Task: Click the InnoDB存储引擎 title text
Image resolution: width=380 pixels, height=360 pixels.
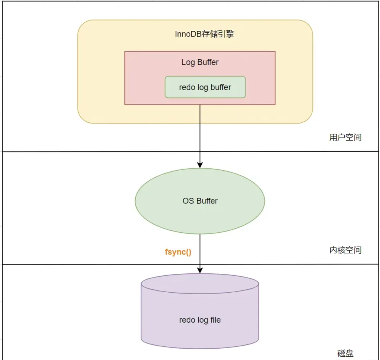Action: click(204, 34)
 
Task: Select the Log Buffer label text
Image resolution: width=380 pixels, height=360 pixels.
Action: click(200, 62)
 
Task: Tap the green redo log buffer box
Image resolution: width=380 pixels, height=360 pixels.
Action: click(205, 87)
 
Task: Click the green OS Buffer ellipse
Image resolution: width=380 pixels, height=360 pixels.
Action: click(200, 201)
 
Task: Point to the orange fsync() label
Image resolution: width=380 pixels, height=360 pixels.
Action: click(178, 252)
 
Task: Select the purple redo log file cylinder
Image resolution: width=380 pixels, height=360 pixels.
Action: click(200, 311)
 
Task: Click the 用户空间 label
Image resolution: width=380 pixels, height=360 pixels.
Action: click(345, 138)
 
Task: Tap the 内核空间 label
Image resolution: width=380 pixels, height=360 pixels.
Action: click(345, 250)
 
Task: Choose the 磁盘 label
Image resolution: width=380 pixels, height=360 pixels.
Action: click(345, 353)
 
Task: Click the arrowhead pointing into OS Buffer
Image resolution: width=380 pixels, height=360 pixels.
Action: click(200, 165)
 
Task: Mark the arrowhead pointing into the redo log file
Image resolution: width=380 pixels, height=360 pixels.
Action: click(200, 270)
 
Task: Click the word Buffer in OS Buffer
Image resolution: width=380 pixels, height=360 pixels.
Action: click(207, 201)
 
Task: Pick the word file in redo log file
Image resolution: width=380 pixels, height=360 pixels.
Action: click(215, 320)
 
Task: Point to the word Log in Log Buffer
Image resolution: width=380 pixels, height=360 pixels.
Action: click(188, 63)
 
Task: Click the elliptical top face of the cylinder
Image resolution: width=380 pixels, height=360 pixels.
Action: click(200, 284)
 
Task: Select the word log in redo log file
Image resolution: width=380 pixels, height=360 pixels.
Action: click(203, 320)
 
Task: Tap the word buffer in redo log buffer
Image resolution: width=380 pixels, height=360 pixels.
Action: click(221, 87)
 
